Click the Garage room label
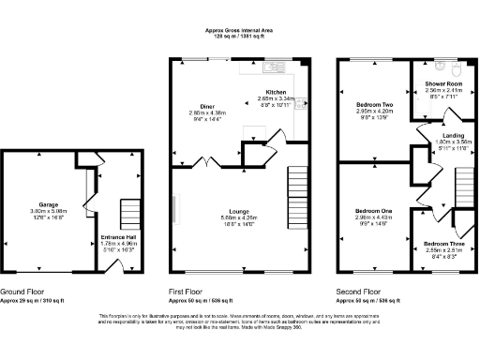coord(48,203)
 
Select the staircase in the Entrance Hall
coord(129,212)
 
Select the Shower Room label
coord(432,82)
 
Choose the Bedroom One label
coord(372,212)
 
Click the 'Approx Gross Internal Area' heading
coord(240,30)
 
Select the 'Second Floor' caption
coord(358,292)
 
